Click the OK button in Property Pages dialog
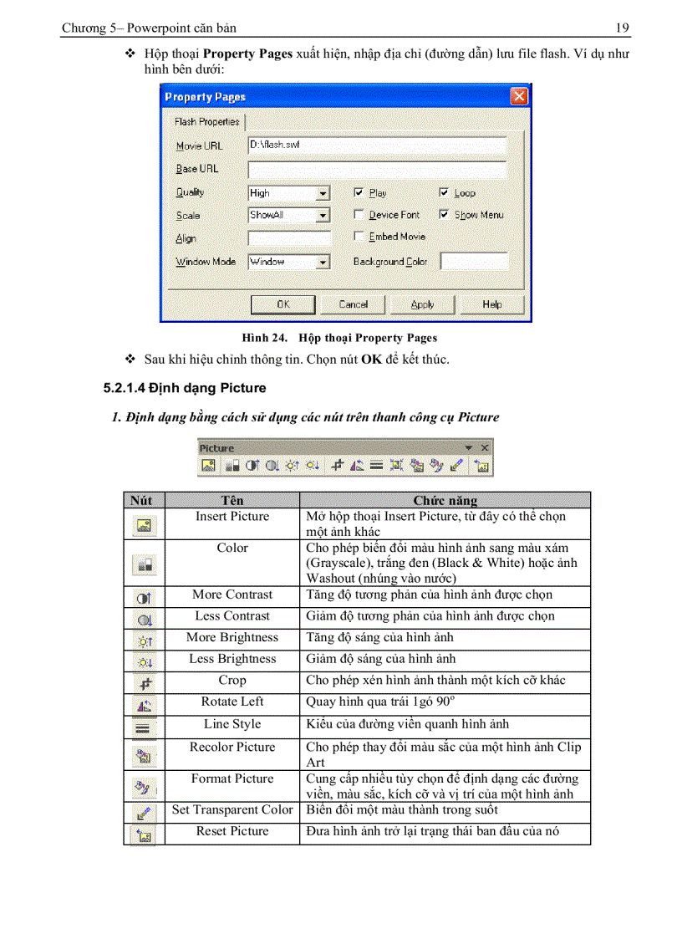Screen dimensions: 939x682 point(283,304)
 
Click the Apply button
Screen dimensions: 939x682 point(422,304)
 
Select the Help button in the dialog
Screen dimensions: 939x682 point(492,304)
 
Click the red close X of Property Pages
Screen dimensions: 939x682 point(519,97)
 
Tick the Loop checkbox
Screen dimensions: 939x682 point(445,192)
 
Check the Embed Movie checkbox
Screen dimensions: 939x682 point(359,237)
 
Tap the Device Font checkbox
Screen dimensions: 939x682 point(359,215)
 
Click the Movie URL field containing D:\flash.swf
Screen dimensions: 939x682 point(378,145)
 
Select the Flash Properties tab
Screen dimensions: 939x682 point(206,122)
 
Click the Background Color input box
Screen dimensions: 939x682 point(473,262)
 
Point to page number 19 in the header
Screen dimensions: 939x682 point(622,28)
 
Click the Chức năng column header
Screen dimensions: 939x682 point(445,500)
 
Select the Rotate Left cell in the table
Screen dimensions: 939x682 point(232,702)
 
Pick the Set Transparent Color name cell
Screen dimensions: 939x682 point(232,809)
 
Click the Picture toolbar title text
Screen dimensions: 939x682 point(216,448)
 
